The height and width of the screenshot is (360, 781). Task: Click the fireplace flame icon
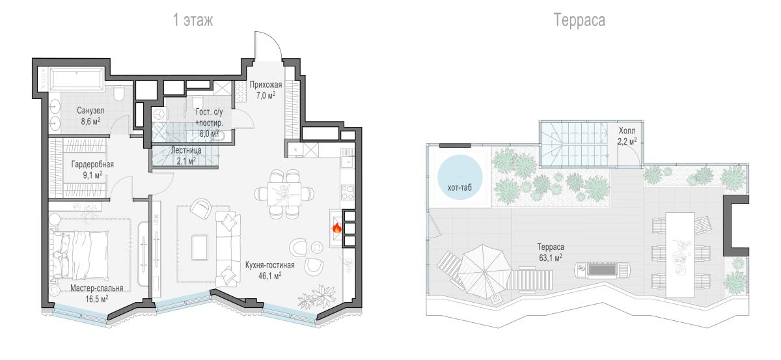[x=336, y=228]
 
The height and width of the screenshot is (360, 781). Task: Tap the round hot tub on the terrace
[x=459, y=177]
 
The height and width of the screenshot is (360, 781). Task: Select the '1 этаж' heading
[x=193, y=20]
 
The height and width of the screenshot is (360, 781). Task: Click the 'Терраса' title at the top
[x=579, y=20]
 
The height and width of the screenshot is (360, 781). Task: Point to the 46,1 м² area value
[x=270, y=276]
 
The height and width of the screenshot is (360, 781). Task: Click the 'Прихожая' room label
[x=266, y=85]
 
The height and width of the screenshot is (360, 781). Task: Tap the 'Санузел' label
[x=90, y=111]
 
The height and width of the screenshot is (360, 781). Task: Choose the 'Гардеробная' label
[x=92, y=164]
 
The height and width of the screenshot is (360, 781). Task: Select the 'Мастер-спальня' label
[x=96, y=288]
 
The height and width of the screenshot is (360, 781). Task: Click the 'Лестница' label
[x=186, y=150]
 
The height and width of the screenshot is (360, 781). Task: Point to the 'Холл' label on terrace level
[x=627, y=131]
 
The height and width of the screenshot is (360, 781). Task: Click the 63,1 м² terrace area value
[x=550, y=258]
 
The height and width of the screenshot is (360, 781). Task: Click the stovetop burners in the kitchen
[x=348, y=193]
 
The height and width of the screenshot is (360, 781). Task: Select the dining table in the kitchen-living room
[x=284, y=194]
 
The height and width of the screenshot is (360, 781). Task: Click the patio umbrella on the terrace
[x=484, y=271]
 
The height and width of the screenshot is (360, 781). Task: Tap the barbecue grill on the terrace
[x=603, y=270]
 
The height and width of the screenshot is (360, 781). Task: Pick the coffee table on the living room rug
[x=200, y=247]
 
